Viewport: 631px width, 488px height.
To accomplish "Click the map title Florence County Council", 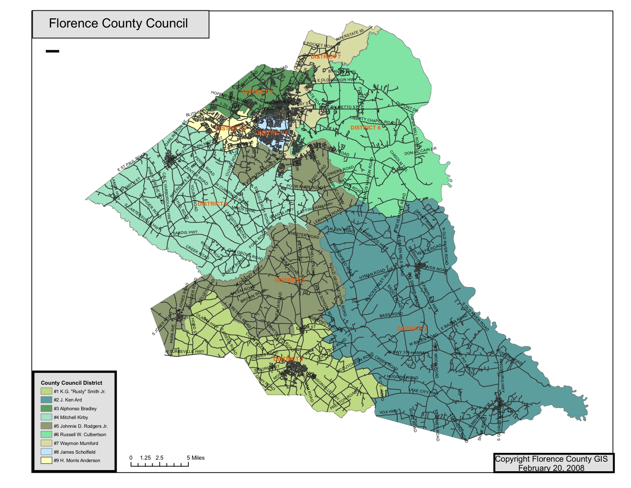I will (118, 23).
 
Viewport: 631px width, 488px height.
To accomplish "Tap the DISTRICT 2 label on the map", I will (412, 329).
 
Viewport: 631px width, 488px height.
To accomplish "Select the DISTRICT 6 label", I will (365, 128).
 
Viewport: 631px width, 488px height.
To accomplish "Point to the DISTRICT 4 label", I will (213, 204).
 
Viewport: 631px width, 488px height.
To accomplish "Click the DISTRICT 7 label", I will (325, 57).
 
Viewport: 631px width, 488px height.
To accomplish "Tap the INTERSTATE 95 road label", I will (349, 35).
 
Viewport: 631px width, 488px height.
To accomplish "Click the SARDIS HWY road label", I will (185, 232).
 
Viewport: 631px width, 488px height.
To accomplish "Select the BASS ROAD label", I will (391, 315).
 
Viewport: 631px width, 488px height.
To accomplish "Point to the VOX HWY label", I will (388, 412).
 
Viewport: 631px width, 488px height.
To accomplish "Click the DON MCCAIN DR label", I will (420, 151).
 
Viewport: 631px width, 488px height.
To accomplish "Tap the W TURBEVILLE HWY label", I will (184, 352).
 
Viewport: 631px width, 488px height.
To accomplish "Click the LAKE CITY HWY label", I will (423, 392).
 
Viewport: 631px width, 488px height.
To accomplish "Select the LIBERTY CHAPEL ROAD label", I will (372, 120).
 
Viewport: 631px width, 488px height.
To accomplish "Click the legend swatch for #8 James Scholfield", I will (46, 452).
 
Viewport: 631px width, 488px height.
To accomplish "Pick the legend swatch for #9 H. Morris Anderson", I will (46, 460).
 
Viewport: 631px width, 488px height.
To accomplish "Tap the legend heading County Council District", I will (71, 383).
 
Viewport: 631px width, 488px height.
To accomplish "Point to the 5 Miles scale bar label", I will (196, 458).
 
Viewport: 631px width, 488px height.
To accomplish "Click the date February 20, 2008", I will (551, 468).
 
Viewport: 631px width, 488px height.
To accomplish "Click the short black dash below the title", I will (52, 51).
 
